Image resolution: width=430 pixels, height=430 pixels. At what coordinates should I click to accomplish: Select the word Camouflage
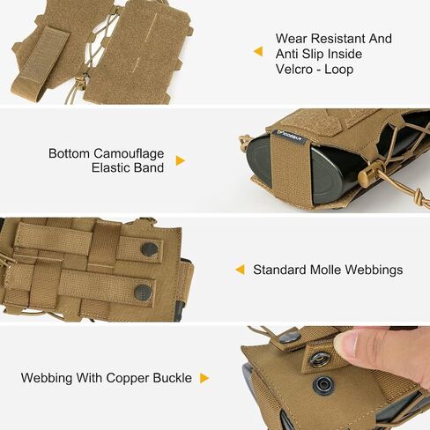click(x=129, y=153)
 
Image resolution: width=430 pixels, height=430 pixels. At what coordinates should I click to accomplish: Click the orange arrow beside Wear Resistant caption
click(x=258, y=51)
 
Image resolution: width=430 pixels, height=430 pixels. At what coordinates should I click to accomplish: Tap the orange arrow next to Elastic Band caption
click(x=180, y=160)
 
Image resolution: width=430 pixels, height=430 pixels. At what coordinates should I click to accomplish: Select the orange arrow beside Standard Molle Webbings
click(x=240, y=270)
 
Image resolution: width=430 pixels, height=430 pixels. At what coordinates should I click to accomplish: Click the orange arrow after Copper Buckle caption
click(x=204, y=378)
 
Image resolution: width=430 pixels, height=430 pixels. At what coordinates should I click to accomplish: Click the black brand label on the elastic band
click(x=290, y=137)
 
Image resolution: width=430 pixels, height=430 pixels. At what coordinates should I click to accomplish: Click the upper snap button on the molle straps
click(x=150, y=249)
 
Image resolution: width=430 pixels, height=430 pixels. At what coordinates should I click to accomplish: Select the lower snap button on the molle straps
click(x=143, y=293)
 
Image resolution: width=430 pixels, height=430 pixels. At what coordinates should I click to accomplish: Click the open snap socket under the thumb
click(x=320, y=359)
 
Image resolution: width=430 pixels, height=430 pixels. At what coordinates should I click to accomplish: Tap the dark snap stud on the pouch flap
click(x=323, y=385)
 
